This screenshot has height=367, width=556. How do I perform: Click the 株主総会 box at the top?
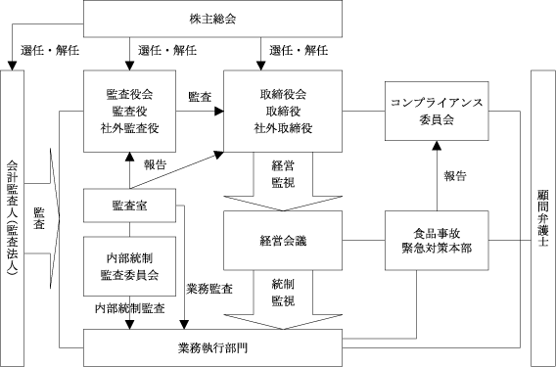point(212,19)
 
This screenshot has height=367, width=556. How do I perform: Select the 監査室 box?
point(129,206)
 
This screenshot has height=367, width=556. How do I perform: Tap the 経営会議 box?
point(283,241)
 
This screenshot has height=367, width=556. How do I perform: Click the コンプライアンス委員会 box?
point(437,111)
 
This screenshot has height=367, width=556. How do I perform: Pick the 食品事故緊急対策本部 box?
point(437,241)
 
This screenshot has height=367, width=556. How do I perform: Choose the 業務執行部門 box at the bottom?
point(212,347)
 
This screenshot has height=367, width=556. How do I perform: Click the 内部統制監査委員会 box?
point(129,266)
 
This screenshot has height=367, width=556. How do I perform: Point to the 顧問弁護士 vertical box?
point(543,218)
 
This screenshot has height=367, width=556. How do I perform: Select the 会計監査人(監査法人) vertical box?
point(13,218)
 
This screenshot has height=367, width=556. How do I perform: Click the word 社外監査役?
point(129,128)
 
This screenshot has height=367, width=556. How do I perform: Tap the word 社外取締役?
point(283,128)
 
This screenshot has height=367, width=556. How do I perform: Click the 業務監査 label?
point(209,289)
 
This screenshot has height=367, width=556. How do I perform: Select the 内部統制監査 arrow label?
point(130,308)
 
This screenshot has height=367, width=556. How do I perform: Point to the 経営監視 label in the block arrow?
point(283,174)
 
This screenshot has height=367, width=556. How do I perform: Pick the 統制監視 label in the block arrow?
point(283,293)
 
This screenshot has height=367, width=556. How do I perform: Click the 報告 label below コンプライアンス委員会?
point(455,176)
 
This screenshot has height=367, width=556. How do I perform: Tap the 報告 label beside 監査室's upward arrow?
point(155,164)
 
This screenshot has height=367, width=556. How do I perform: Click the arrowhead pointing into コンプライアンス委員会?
point(437,145)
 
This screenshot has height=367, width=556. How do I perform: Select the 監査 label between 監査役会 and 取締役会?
point(200,97)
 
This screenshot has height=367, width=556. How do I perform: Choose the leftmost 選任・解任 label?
point(50,50)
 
